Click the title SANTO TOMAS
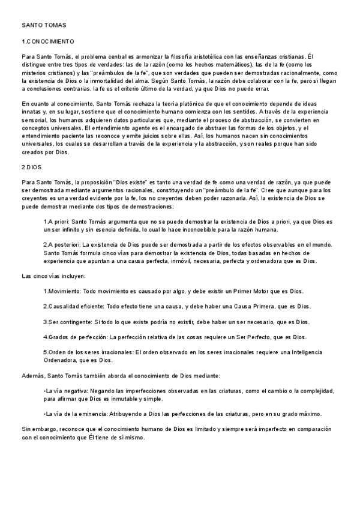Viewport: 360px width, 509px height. click(x=44, y=25)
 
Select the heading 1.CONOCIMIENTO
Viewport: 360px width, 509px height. click(x=47, y=41)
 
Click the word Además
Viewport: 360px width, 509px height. click(x=33, y=376)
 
